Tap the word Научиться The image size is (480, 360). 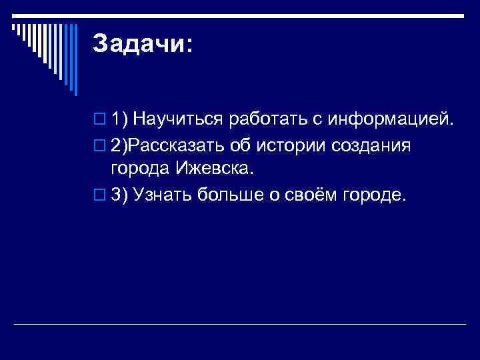(179, 120)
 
